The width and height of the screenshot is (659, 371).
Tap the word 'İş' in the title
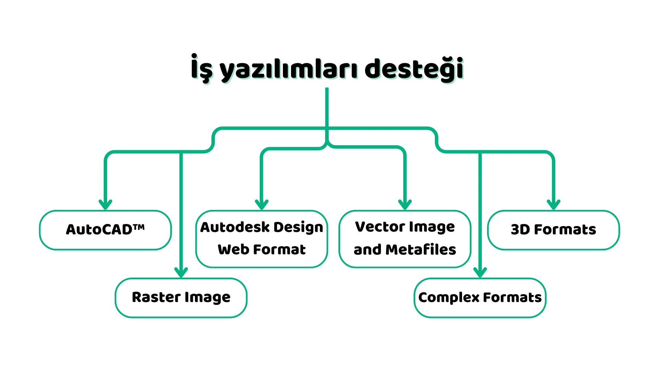(202, 68)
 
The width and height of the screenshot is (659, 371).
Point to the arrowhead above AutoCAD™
(105, 205)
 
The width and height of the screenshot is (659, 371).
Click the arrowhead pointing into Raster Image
(181, 272)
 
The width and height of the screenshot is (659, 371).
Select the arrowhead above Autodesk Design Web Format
(262, 205)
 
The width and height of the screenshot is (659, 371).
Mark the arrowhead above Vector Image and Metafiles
(405, 205)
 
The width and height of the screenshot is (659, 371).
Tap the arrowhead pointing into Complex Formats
(480, 272)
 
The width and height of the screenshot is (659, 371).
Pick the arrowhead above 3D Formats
(554, 205)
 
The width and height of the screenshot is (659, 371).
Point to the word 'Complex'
(449, 298)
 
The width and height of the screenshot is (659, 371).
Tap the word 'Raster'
(156, 297)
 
